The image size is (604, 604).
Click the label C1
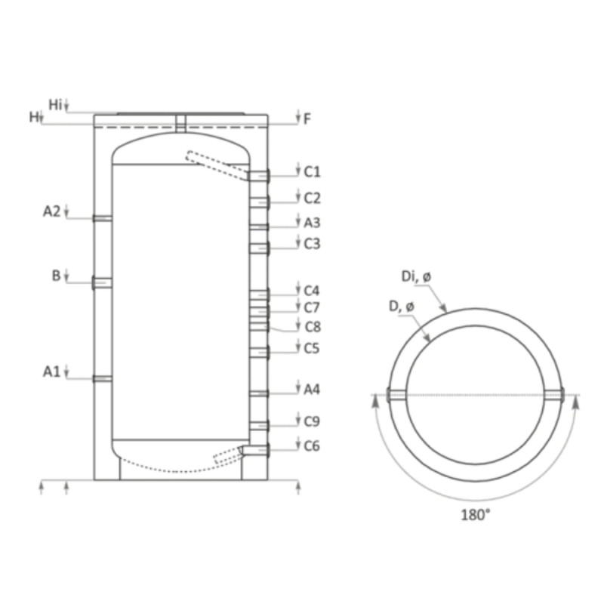pyautogui.click(x=312, y=172)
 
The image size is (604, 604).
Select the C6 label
pyautogui.click(x=312, y=446)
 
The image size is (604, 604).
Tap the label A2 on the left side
pyautogui.click(x=51, y=211)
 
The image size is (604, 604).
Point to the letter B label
pyautogui.click(x=56, y=276)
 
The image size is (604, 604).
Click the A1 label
pyautogui.click(x=51, y=371)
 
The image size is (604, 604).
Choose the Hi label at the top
pyautogui.click(x=55, y=104)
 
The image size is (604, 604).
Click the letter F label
pyautogui.click(x=307, y=119)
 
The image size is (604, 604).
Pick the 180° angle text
pyautogui.click(x=476, y=515)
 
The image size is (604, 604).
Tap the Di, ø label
pyautogui.click(x=417, y=276)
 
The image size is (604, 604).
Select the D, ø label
pyautogui.click(x=402, y=307)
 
